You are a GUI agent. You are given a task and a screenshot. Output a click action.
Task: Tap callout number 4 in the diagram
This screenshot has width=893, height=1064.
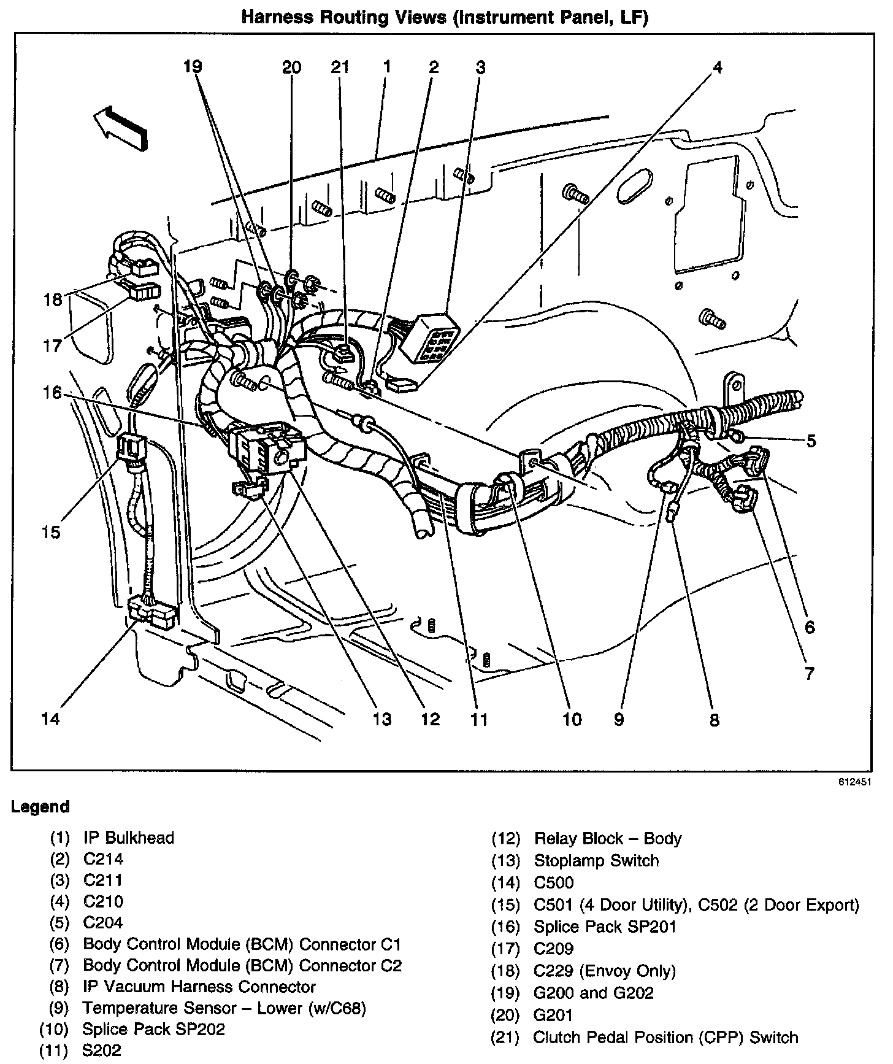pos(717,67)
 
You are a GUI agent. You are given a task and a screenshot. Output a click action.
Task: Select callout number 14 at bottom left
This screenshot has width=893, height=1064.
pos(51,718)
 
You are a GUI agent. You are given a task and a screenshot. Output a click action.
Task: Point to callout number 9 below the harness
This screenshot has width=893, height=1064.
pos(618,719)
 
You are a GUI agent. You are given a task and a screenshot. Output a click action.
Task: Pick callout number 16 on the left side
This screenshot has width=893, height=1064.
pos(52,392)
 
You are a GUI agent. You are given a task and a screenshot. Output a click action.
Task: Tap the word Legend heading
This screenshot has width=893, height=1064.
pos(40,807)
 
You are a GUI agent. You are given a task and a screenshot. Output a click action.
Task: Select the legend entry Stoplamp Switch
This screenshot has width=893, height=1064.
pos(596,861)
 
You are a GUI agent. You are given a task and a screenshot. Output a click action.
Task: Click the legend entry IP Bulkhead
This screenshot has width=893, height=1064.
pos(129,838)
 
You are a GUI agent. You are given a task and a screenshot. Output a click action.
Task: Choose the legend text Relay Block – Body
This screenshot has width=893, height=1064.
pos(608,839)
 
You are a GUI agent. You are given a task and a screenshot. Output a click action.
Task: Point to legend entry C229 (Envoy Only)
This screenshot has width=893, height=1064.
pos(605,971)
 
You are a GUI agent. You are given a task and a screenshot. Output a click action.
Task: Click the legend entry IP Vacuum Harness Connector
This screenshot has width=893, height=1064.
pos(199,987)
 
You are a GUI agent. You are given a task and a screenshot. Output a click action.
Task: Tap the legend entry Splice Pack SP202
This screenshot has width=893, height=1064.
pos(154,1029)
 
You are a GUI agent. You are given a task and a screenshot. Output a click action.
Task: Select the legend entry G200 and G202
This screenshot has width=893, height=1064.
pos(594,993)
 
